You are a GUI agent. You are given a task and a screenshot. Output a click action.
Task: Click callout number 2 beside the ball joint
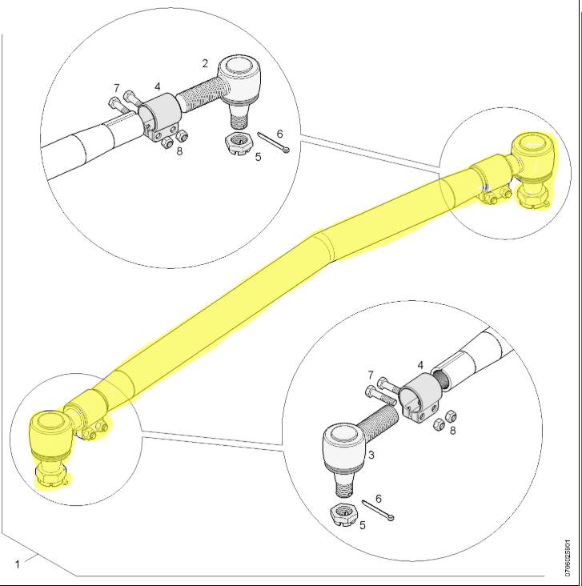coord(204,64)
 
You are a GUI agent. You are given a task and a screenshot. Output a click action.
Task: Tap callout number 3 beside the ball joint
coord(371,455)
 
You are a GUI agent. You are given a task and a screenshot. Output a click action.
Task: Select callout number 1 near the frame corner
coord(17,564)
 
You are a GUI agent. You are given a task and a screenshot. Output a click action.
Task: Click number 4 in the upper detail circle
coord(158,86)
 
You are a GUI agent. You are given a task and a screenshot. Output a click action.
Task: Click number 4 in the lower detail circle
coord(420,365)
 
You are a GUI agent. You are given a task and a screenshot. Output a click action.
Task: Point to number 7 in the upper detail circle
coord(117,88)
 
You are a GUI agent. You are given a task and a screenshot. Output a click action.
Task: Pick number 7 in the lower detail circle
coord(371,375)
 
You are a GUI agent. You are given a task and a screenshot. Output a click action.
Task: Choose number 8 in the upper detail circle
coord(179,151)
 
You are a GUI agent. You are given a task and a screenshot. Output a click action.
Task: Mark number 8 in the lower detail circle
coord(452,431)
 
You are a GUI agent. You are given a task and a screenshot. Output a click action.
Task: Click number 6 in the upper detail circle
coord(279,134)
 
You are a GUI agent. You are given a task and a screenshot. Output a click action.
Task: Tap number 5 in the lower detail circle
coord(362,525)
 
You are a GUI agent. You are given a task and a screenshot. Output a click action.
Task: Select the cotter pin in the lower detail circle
coord(378,511)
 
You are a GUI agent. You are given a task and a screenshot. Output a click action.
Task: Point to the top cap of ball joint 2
coord(239,66)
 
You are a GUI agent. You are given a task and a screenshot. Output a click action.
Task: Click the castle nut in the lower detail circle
coord(344,515)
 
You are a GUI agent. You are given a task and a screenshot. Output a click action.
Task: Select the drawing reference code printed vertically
coord(568,558)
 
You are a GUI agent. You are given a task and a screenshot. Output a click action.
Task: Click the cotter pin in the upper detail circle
coord(273,142)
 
